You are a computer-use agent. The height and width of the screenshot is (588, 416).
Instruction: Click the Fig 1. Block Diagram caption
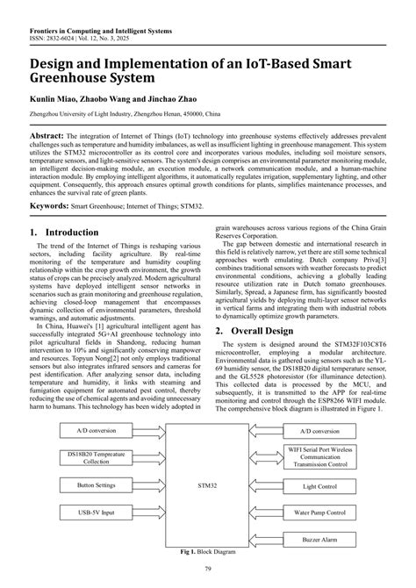(x=207, y=551)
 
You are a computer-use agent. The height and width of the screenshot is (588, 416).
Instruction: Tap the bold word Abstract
(x=51, y=139)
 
